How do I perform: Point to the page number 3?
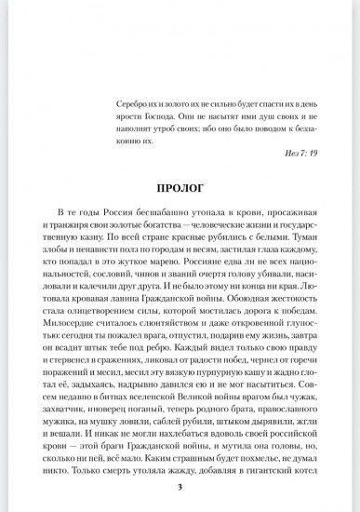click(x=180, y=485)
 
